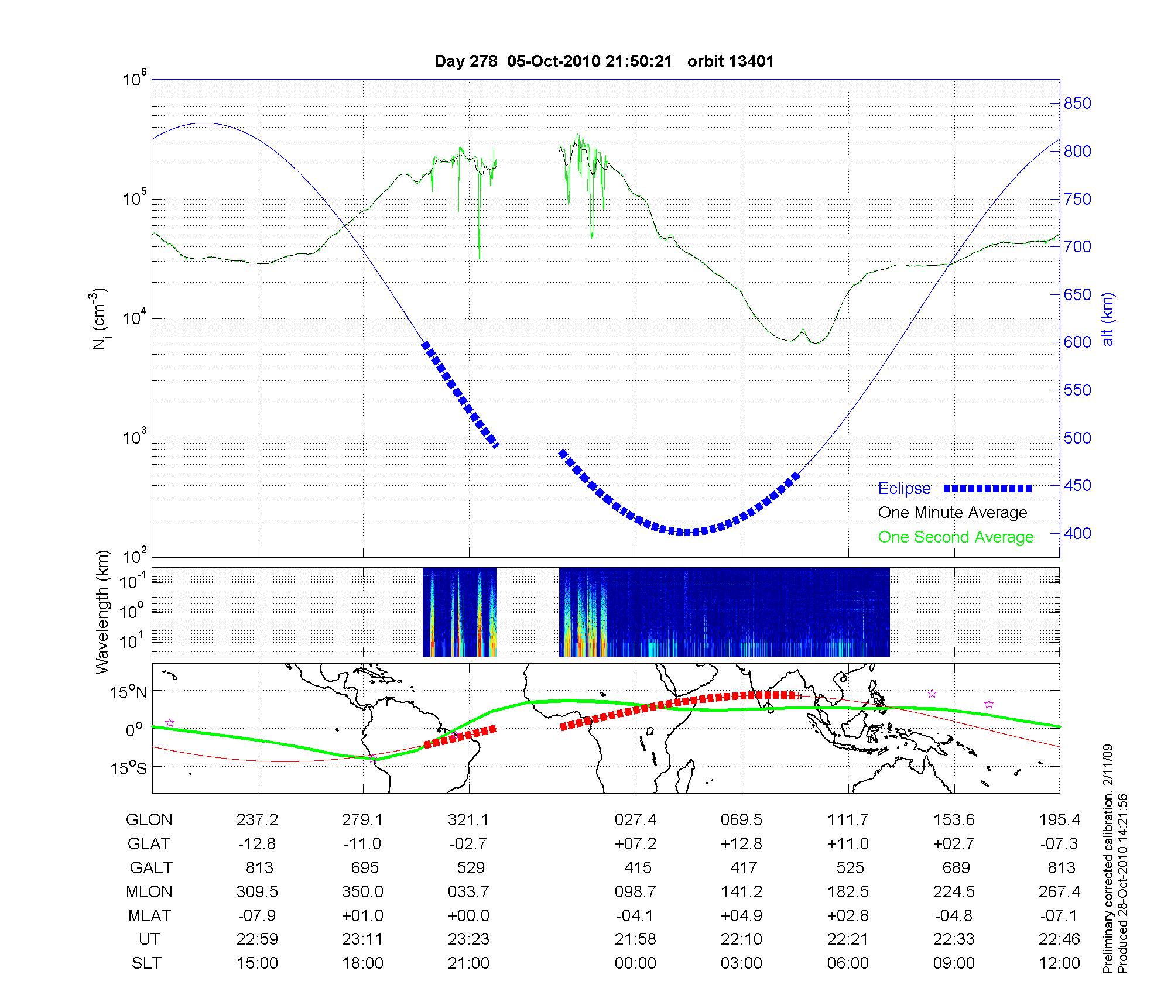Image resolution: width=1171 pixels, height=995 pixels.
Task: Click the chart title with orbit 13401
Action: [604, 61]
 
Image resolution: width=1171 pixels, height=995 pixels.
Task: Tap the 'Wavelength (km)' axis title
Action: [103, 612]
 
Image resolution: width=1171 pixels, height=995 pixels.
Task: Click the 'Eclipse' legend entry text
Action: [904, 489]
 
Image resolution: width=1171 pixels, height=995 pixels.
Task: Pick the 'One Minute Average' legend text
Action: [953, 513]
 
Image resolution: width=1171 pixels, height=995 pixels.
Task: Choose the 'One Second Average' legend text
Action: [956, 537]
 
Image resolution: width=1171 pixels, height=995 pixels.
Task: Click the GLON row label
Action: [149, 820]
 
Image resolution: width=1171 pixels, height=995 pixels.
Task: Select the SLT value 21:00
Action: [468, 963]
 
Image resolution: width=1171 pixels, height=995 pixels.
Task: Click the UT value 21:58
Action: [635, 939]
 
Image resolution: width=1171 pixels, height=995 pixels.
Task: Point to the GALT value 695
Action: [363, 867]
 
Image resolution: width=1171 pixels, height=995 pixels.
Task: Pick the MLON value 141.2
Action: [741, 891]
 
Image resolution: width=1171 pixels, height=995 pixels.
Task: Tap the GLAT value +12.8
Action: [741, 843]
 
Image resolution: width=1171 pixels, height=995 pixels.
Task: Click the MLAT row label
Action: [149, 915]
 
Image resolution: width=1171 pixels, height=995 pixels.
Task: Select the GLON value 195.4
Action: [1059, 820]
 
